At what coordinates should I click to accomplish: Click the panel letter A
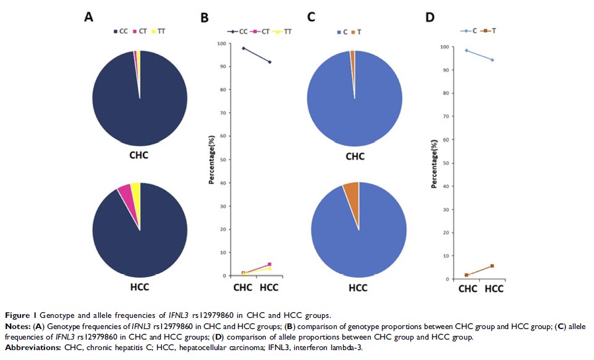click(88, 17)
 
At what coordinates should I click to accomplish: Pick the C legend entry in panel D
click(471, 31)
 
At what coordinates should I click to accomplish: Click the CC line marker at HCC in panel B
click(269, 62)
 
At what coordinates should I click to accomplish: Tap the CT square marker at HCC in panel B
click(269, 265)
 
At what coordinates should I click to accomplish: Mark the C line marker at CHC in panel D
click(467, 51)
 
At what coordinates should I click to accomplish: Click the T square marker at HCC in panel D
click(492, 266)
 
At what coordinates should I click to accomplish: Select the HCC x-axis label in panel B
click(268, 288)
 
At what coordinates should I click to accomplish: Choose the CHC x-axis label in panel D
click(467, 289)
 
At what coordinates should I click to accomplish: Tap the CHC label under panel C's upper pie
click(355, 156)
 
